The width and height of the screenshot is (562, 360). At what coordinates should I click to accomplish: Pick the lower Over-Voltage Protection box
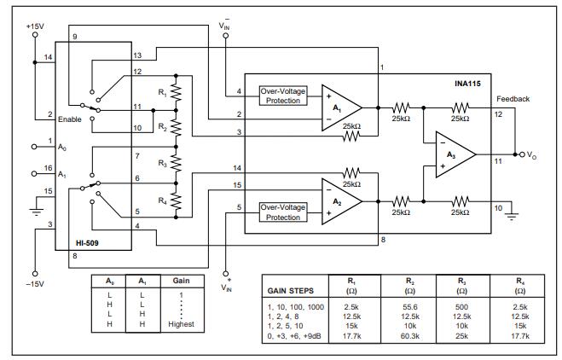(283, 212)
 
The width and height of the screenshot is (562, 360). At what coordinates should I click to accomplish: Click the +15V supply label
(34, 26)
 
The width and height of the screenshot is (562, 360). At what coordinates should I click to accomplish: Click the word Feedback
(513, 99)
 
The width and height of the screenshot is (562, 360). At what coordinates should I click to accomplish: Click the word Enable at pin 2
(70, 119)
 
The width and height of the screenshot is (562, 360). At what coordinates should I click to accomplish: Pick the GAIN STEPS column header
(291, 288)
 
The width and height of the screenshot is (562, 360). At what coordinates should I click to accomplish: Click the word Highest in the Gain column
(181, 324)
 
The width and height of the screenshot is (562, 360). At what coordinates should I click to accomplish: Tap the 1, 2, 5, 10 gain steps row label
(287, 325)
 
